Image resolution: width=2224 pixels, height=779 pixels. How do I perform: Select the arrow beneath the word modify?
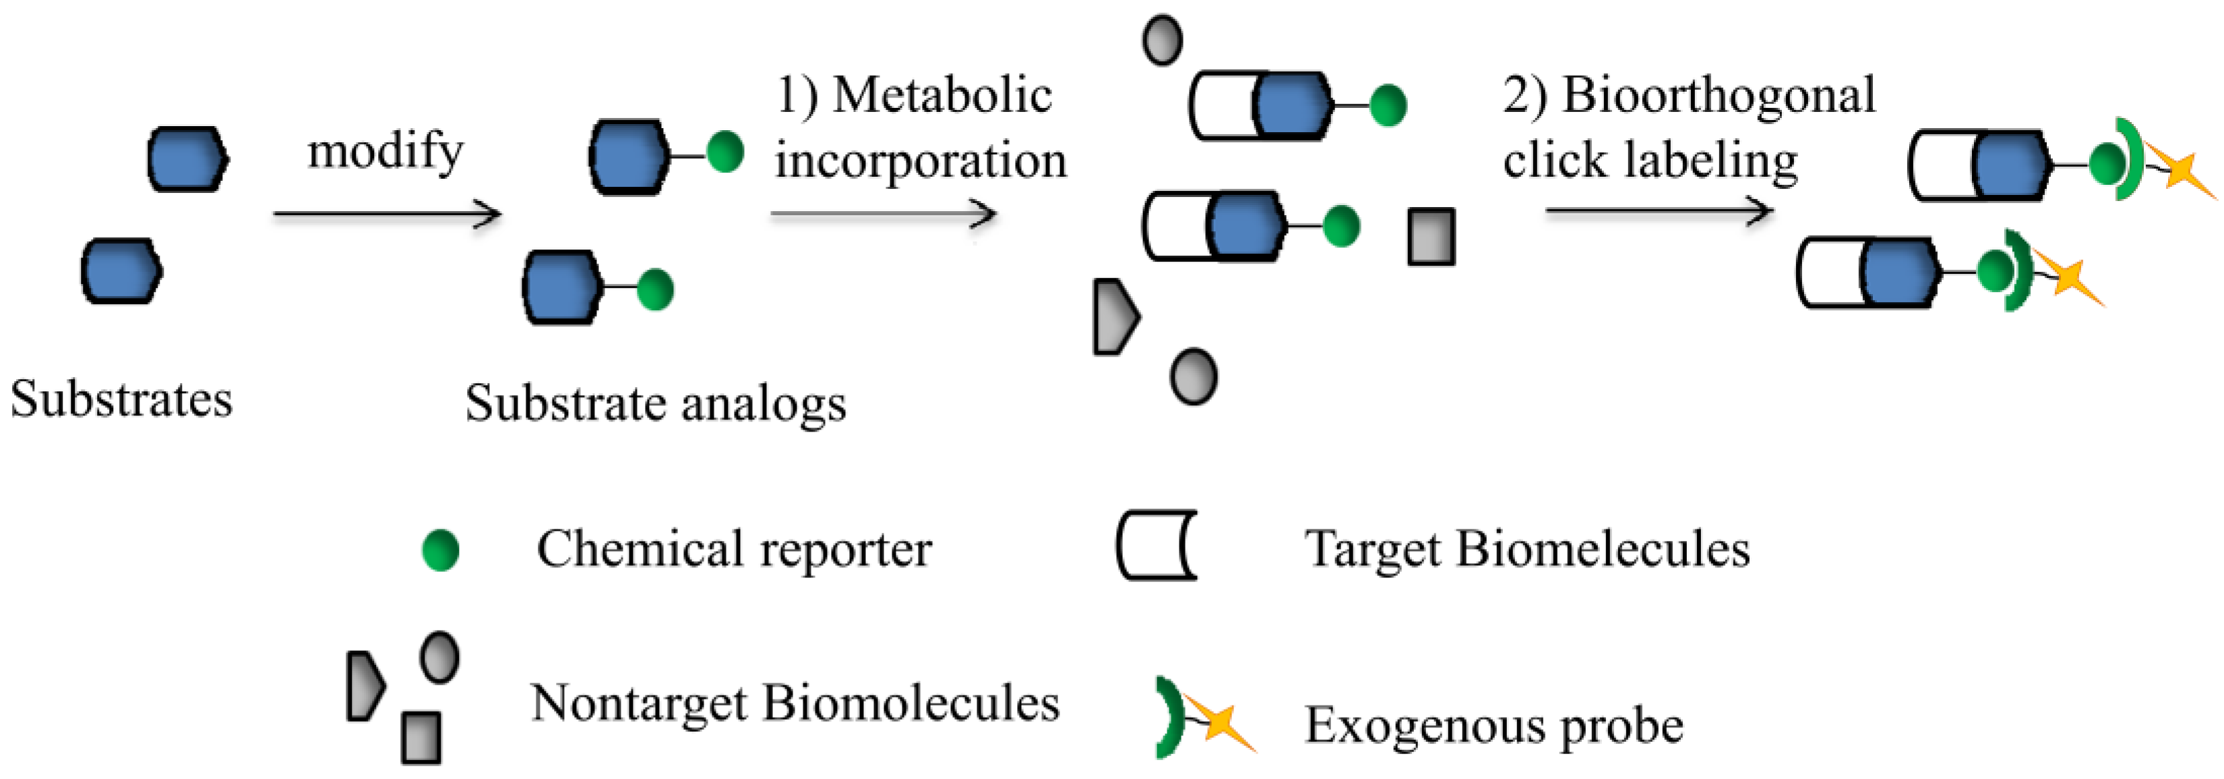point(387,213)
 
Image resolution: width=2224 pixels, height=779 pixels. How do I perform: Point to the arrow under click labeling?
point(1659,210)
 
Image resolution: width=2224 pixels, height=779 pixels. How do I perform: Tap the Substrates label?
point(121,399)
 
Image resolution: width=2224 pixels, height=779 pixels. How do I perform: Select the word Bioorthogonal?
point(1718,94)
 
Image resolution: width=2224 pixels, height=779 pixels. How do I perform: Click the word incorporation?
point(921,161)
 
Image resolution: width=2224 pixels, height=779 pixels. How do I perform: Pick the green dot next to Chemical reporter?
point(440,550)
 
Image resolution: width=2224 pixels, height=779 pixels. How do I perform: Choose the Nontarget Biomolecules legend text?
point(795,702)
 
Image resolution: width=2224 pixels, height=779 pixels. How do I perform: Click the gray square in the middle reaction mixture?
point(1431,236)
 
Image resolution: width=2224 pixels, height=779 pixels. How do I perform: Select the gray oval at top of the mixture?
point(1162,40)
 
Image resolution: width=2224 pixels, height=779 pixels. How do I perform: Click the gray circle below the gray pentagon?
point(1193,376)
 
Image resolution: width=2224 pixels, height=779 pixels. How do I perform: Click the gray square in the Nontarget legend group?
point(421,737)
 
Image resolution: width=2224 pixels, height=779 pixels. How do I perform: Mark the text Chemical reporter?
point(734,548)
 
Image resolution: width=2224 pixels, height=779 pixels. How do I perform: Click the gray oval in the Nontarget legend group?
point(439,657)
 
